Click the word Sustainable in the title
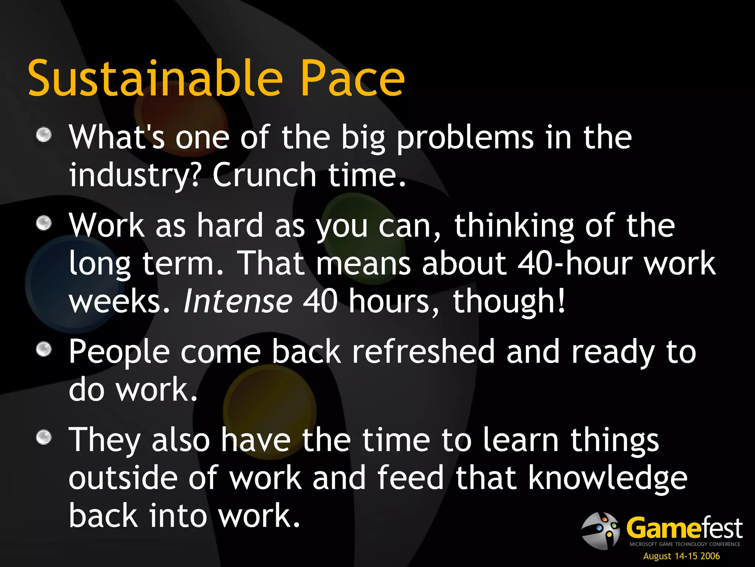click(155, 78)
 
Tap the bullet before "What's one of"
click(44, 134)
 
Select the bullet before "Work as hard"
click(44, 223)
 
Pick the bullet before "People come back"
click(44, 349)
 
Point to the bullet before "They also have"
click(44, 438)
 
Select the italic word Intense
click(238, 301)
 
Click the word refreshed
click(423, 351)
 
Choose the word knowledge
click(608, 478)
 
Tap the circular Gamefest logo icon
click(600, 530)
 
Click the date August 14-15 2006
click(681, 556)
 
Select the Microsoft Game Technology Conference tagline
click(685, 544)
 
